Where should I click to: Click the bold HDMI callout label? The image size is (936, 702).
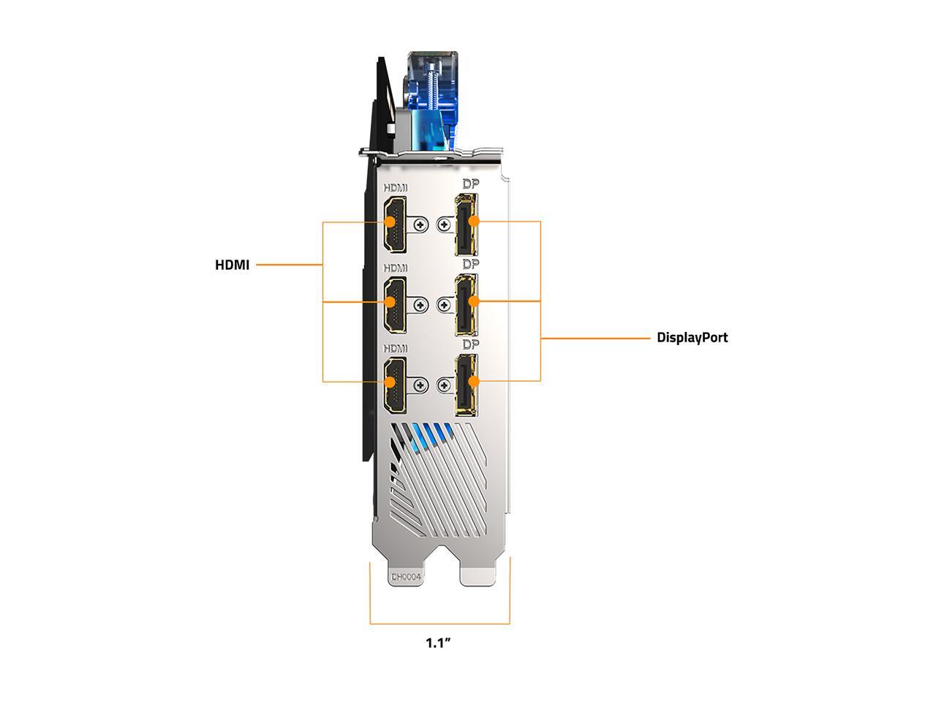(x=232, y=265)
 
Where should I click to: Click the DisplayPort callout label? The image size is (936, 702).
(x=692, y=337)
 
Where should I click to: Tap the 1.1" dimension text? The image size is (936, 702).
(x=438, y=643)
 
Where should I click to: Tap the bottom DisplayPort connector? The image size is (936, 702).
(x=466, y=383)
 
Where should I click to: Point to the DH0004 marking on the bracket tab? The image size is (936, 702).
(x=407, y=577)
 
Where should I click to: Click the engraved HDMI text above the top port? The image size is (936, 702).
(x=395, y=188)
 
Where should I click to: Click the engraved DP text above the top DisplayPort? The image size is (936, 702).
(x=470, y=184)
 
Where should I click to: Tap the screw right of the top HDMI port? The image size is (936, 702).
(x=420, y=224)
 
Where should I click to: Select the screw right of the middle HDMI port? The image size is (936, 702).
(x=420, y=304)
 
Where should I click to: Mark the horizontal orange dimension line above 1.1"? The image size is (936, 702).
(x=439, y=624)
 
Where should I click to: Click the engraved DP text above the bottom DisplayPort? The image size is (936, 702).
(x=470, y=344)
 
